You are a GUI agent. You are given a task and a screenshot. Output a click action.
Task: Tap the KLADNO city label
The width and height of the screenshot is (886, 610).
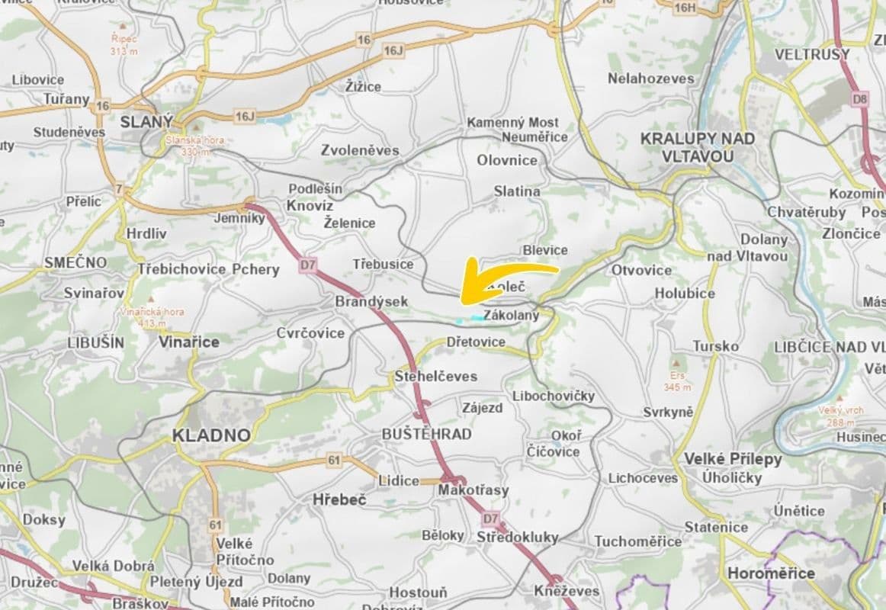[x=211, y=435]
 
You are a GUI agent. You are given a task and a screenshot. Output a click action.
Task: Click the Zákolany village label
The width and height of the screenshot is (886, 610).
[x=511, y=315]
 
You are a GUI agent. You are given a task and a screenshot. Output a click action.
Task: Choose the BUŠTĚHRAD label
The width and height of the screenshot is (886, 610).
[x=426, y=434]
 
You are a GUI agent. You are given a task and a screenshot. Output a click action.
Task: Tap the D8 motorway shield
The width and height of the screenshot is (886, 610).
[x=860, y=98]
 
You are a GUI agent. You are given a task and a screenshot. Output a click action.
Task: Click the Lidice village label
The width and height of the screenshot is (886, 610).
[x=399, y=480]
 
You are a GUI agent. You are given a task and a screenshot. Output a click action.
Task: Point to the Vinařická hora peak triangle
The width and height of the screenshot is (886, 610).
[x=151, y=299]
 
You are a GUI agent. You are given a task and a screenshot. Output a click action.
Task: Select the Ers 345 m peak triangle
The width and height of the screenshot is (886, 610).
[x=674, y=363]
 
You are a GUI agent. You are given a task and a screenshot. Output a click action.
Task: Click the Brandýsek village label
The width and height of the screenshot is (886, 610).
[x=371, y=302]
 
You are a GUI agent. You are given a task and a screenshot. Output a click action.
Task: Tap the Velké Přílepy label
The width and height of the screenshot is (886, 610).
[x=733, y=459]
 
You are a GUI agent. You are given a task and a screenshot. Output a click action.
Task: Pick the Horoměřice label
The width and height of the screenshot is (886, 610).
[x=771, y=573]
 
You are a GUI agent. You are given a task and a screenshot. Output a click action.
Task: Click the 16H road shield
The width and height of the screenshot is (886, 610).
[x=685, y=8]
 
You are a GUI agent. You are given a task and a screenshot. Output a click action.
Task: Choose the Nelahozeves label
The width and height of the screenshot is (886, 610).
[x=650, y=79]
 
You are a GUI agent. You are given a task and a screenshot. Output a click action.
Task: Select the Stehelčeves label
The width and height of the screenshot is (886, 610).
[x=435, y=377]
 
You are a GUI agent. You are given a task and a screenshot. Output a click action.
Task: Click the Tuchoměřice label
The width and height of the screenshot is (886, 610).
[x=637, y=541]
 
